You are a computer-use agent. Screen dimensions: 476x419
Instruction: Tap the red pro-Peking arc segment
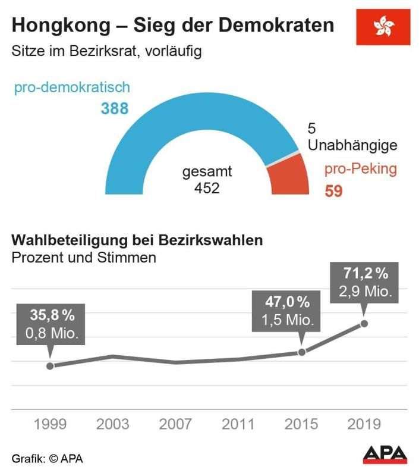click(x=289, y=178)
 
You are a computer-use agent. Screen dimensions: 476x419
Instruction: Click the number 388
click(x=115, y=109)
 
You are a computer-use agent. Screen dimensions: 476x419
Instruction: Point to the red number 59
click(x=333, y=192)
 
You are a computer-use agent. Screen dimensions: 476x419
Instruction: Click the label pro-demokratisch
click(x=72, y=88)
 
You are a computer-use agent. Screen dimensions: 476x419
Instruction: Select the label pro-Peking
click(x=360, y=168)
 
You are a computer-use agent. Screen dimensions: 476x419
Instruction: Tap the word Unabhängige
click(x=352, y=145)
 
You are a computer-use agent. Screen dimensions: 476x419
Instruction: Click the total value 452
click(x=207, y=189)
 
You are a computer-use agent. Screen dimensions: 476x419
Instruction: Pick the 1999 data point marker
click(x=50, y=366)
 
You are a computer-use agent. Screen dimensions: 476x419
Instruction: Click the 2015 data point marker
click(x=301, y=352)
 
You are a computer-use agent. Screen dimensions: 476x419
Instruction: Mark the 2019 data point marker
click(x=364, y=323)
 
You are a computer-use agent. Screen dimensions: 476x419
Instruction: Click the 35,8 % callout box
click(x=51, y=324)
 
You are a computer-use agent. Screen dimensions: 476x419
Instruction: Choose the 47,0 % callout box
click(x=288, y=311)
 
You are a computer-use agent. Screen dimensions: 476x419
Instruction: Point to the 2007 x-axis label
click(x=175, y=424)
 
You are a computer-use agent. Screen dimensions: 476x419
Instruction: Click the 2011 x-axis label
click(x=238, y=424)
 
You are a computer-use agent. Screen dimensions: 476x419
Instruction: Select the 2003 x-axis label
click(x=112, y=424)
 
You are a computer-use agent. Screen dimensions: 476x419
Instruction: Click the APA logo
click(x=385, y=455)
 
